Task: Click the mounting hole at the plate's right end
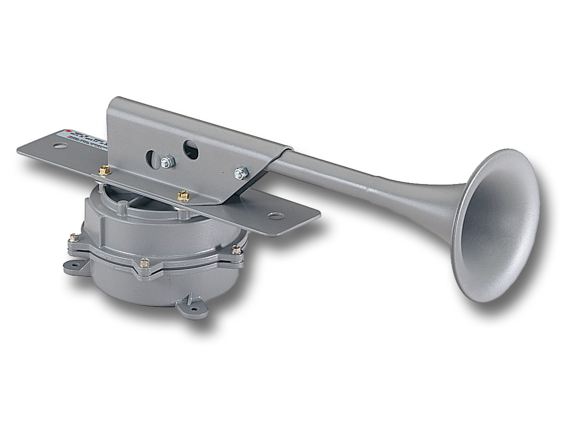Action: pyautogui.click(x=274, y=216)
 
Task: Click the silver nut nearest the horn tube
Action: pyautogui.click(x=241, y=173)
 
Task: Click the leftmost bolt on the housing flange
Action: pyautogui.click(x=73, y=240)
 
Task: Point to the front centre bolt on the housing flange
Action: pyautogui.click(x=144, y=262)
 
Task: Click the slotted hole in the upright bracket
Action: pyautogui.click(x=152, y=159)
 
